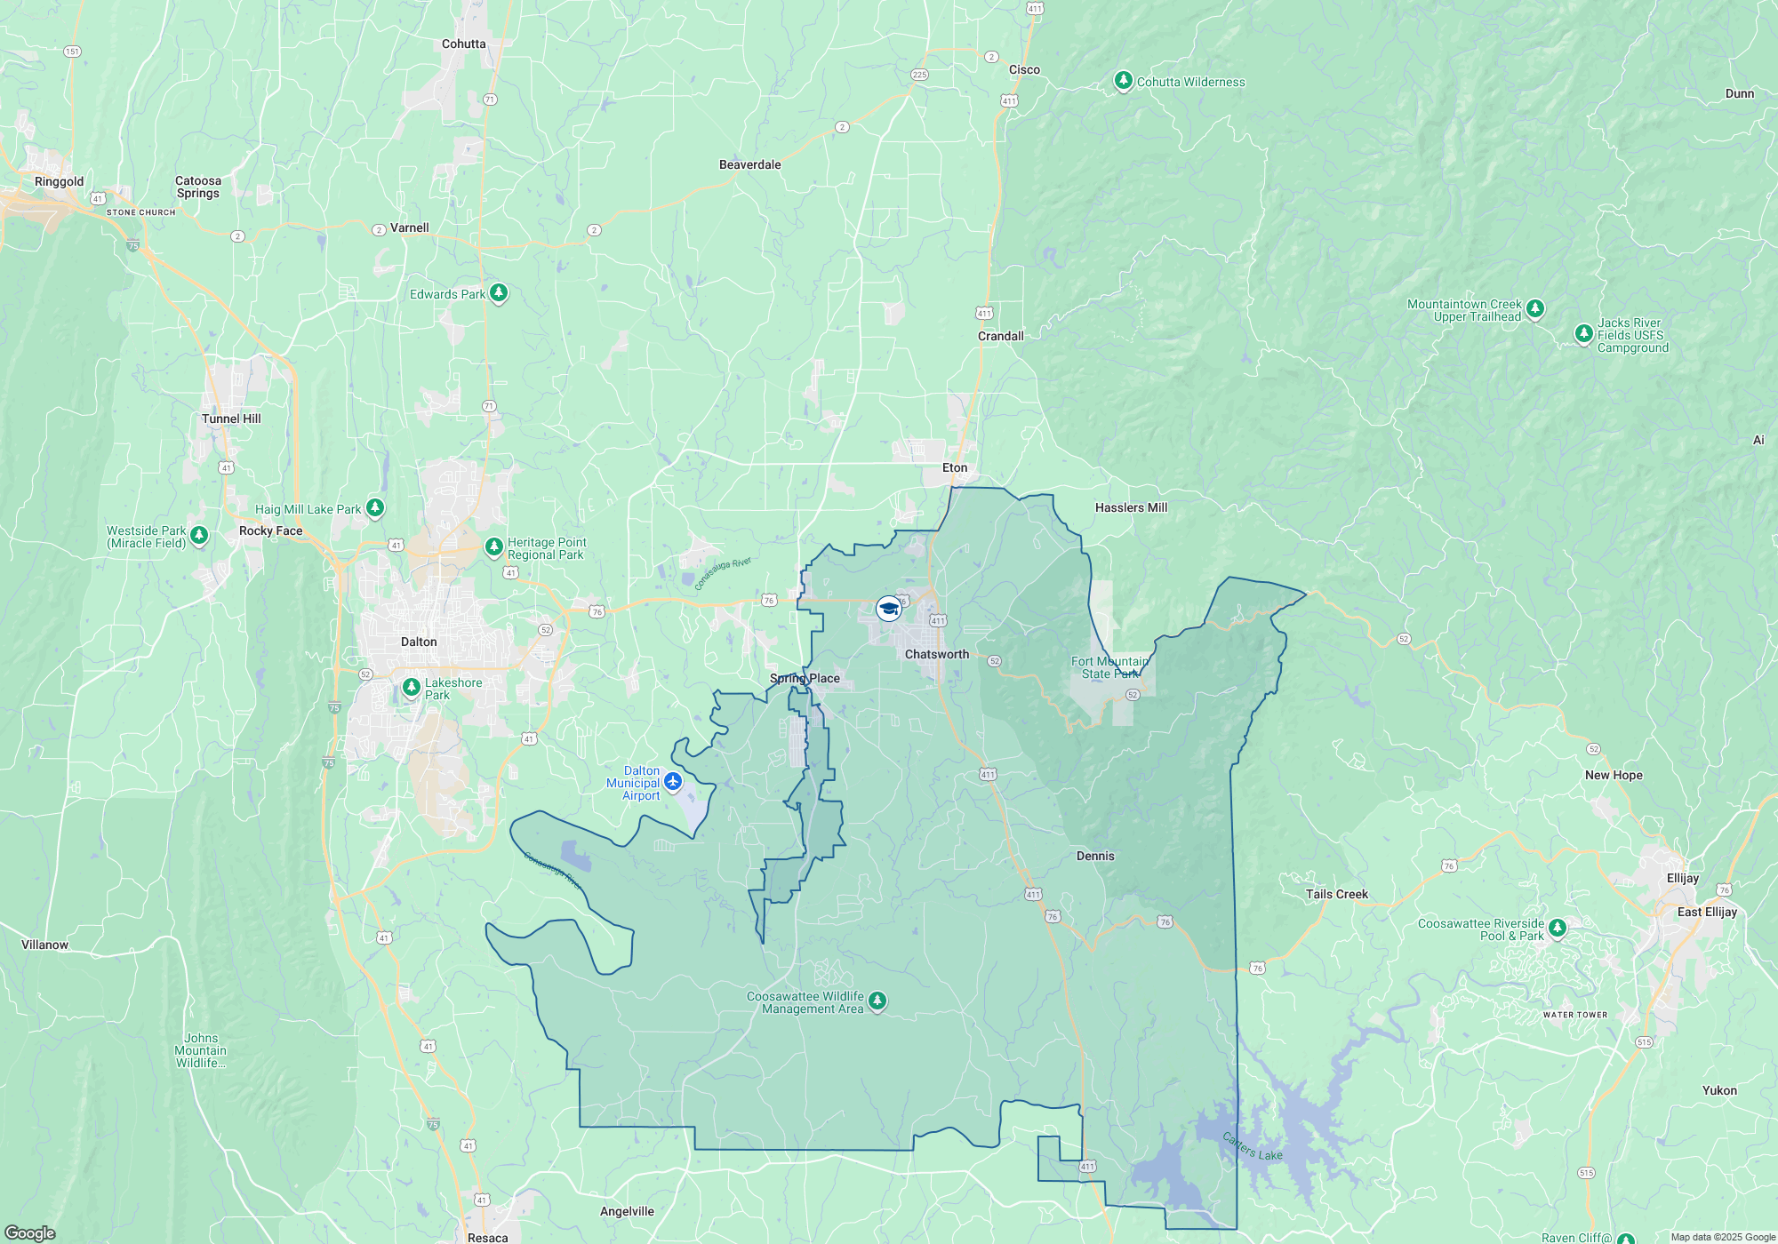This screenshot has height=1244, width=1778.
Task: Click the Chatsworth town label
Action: pos(937,654)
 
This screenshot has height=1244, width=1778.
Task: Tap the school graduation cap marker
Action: pos(888,609)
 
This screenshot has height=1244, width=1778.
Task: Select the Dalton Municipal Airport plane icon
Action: pos(673,782)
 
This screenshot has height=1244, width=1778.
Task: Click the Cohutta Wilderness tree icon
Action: pos(1124,81)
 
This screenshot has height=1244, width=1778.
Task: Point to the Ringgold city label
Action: pos(59,181)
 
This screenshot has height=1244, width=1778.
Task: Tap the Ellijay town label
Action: pos(1683,878)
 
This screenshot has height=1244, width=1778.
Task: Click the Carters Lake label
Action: pos(1252,1146)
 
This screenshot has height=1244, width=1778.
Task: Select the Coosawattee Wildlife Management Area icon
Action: pos(877,1001)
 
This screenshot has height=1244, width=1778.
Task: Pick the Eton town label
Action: pos(955,467)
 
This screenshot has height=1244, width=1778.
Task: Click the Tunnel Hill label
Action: pos(231,419)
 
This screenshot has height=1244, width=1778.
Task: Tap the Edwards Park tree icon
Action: pos(499,292)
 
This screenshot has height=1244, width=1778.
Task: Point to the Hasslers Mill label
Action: pos(1131,507)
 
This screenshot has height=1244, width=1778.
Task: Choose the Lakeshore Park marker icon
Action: pos(411,688)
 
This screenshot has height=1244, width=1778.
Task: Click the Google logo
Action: pos(30,1232)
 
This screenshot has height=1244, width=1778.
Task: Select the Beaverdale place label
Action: pos(749,164)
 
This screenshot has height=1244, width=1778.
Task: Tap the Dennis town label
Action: pos(1095,856)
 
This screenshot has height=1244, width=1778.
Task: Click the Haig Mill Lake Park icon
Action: pos(375,508)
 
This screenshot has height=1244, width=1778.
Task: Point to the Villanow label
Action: pos(44,945)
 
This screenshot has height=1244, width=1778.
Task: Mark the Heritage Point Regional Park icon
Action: pos(494,547)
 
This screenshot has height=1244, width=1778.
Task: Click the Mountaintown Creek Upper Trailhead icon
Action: pos(1535,309)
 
